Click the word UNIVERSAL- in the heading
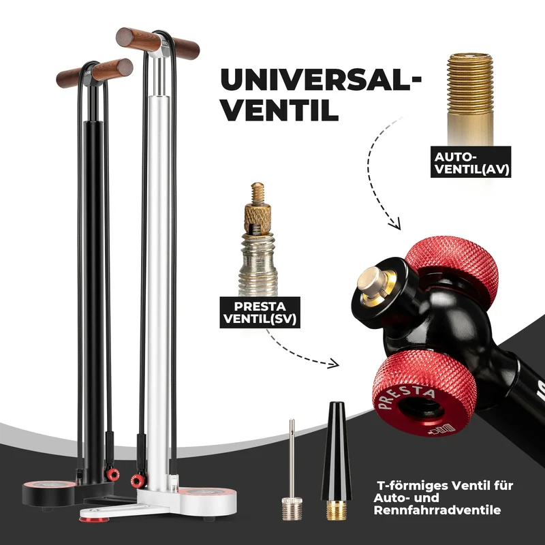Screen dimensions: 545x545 coord(321,80)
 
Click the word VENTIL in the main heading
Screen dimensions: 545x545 coord(280,110)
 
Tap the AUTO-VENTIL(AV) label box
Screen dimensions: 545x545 coord(471,162)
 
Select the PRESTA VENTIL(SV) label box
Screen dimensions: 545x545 coord(260,313)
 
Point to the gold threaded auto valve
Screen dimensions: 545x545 coord(470,99)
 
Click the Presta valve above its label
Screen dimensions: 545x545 coord(258,239)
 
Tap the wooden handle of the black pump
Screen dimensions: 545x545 coord(95,73)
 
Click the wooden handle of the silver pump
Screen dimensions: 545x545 coord(157,44)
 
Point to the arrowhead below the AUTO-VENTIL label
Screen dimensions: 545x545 coord(395,223)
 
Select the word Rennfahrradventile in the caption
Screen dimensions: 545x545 coord(437,510)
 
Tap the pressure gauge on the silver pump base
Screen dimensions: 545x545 coord(208,493)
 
